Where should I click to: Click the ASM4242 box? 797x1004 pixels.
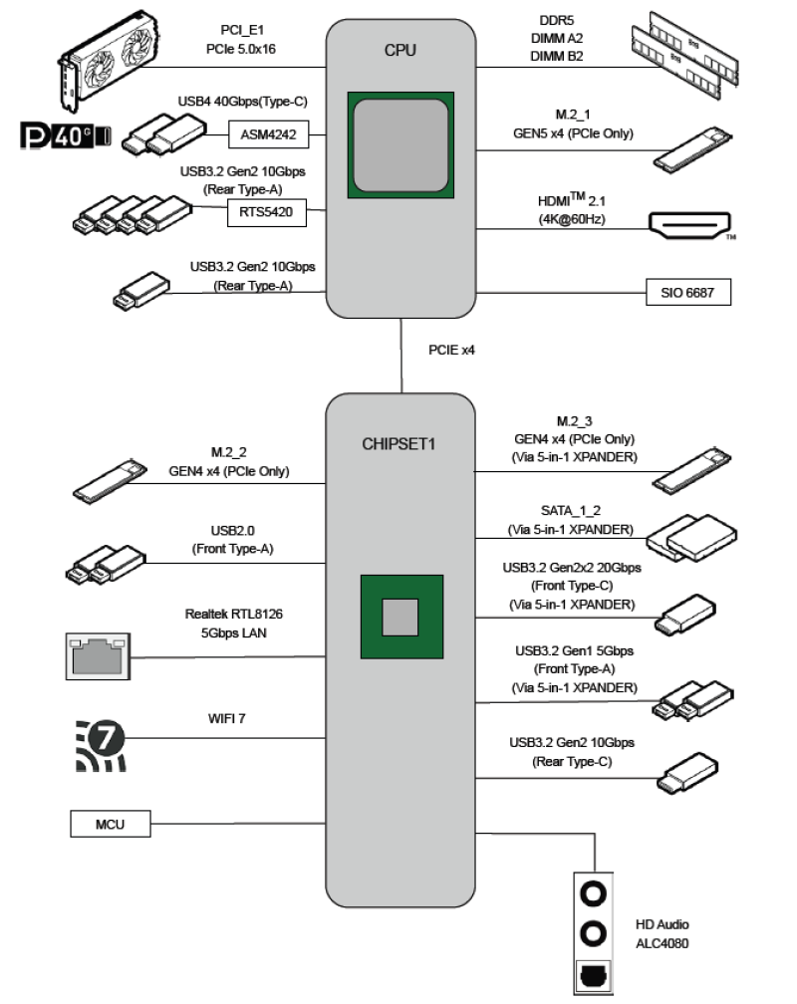pyautogui.click(x=269, y=134)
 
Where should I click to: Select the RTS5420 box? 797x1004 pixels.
pyautogui.click(x=269, y=211)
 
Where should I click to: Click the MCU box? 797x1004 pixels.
pyautogui.click(x=110, y=824)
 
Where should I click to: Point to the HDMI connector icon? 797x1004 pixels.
pyautogui.click(x=690, y=225)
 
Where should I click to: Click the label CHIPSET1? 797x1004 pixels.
pyautogui.click(x=400, y=443)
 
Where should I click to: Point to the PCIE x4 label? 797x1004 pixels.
pyautogui.click(x=451, y=350)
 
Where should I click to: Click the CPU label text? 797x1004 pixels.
pyautogui.click(x=400, y=50)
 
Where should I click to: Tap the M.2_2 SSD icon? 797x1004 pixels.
pyautogui.click(x=111, y=479)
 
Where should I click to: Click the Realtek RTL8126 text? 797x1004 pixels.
pyautogui.click(x=225, y=615)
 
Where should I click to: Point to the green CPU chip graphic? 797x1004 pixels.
pyautogui.click(x=400, y=143)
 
